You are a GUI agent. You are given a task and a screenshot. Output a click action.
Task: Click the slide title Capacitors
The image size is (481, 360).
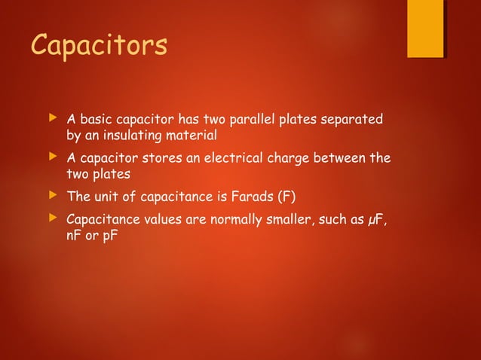[98, 44]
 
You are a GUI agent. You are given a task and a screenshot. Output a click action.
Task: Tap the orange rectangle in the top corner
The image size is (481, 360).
[425, 28]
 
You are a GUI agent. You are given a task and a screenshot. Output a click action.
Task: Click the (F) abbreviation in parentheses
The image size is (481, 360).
[286, 198]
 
